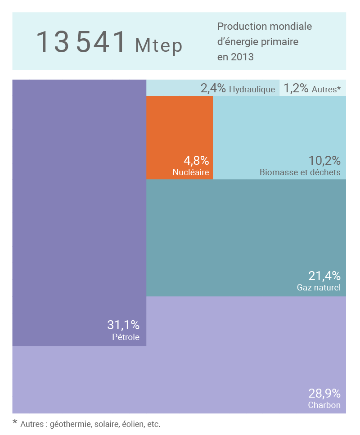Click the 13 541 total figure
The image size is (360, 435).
point(81,42)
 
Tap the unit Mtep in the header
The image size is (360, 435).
point(158,45)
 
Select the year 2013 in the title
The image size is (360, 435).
point(242,57)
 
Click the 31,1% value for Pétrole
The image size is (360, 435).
point(123,325)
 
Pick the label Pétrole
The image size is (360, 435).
point(126,337)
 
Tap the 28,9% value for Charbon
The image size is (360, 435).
point(324,394)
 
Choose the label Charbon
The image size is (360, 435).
point(324,405)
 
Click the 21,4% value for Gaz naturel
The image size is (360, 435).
point(324,276)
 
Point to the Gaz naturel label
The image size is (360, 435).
point(319,287)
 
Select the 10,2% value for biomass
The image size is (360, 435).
point(324,160)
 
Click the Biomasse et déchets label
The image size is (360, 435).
point(300,172)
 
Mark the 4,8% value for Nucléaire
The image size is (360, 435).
point(196,160)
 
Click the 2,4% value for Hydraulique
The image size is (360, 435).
point(213,88)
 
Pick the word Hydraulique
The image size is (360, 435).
point(252,89)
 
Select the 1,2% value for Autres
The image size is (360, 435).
point(296,88)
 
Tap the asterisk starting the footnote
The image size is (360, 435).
point(15,422)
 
